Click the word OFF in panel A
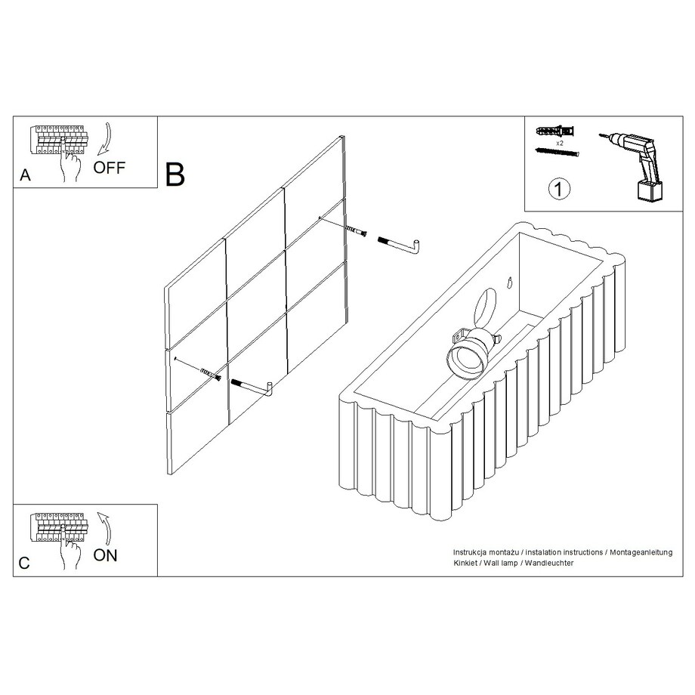click(x=109, y=168)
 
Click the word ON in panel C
click(x=105, y=555)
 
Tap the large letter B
click(x=175, y=175)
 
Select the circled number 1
click(x=559, y=190)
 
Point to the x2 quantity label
click(x=559, y=144)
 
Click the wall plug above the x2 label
click(x=556, y=131)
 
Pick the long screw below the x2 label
click(x=558, y=153)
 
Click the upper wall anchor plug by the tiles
click(x=357, y=230)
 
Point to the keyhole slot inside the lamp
click(x=510, y=282)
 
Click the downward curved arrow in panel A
click(x=106, y=138)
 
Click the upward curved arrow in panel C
click(x=104, y=527)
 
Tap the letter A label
click(x=25, y=175)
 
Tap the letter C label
click(x=24, y=563)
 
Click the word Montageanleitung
click(x=641, y=552)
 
